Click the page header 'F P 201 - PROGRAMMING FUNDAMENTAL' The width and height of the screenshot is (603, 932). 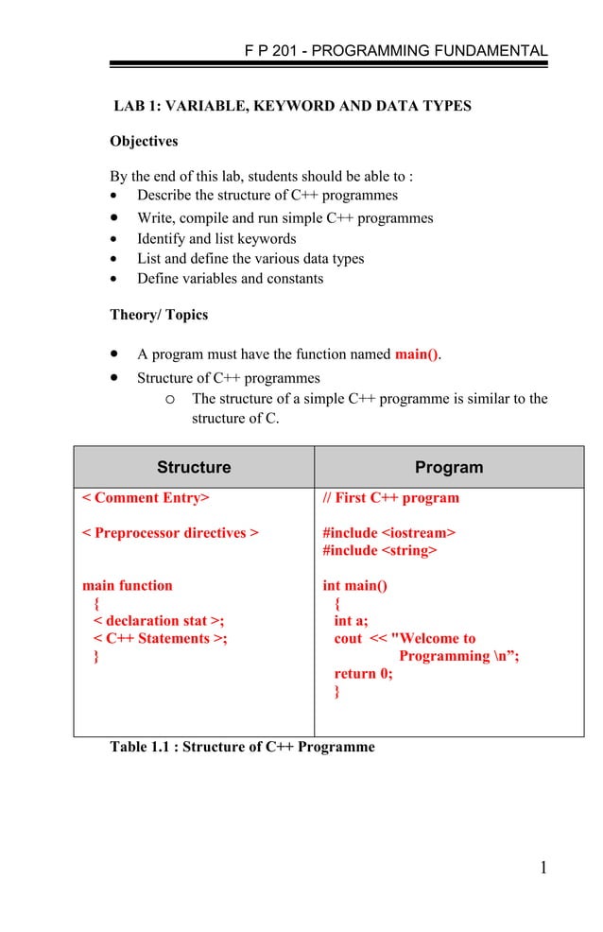pyautogui.click(x=395, y=51)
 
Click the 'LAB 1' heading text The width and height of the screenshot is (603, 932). pyautogui.click(x=292, y=106)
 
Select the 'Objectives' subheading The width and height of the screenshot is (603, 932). pyautogui.click(x=144, y=142)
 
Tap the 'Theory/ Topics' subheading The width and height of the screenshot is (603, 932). pyautogui.click(x=159, y=315)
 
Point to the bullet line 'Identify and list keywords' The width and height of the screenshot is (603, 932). pyautogui.click(x=216, y=239)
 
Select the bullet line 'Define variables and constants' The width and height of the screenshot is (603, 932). pyautogui.click(x=230, y=279)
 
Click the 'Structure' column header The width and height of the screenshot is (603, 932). pyautogui.click(x=194, y=468)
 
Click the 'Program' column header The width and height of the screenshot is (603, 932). pyautogui.click(x=449, y=468)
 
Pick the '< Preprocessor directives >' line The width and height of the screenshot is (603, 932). pyautogui.click(x=170, y=533)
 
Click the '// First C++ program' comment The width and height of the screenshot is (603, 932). pyautogui.click(x=390, y=498)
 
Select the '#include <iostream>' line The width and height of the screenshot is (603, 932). pyautogui.click(x=388, y=533)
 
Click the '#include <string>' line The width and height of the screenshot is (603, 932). pyautogui.click(x=380, y=550)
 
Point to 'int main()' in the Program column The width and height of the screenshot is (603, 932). pyautogui.click(x=354, y=586)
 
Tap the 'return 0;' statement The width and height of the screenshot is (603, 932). pyautogui.click(x=363, y=674)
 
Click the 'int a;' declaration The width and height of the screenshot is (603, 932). pyautogui.click(x=351, y=621)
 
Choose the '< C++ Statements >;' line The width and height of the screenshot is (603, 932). pyautogui.click(x=160, y=639)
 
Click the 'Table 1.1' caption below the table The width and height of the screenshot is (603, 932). pyautogui.click(x=242, y=748)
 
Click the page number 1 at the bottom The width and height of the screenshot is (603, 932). pyautogui.click(x=543, y=869)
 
